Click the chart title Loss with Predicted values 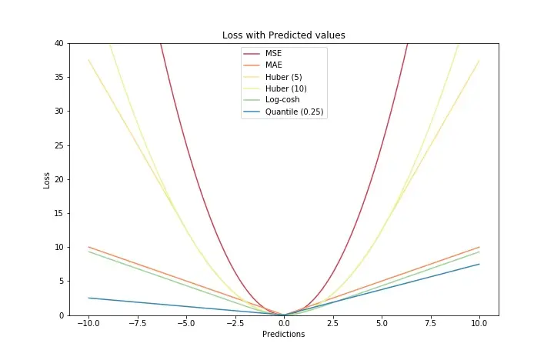284,35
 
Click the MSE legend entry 273,54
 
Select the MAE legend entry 273,65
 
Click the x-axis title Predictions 284,335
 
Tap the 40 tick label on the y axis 58,43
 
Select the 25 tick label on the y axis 58,145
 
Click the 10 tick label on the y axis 58,247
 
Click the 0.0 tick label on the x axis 284,324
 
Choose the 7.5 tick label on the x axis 431,324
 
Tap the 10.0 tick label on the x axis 479,324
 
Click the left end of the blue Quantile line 88,298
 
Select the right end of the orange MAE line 479,247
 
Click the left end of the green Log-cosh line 88,252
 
